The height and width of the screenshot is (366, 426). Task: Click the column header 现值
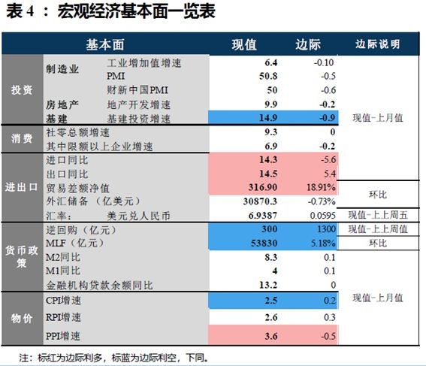tap(244, 44)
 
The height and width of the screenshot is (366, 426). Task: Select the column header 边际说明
tap(378, 44)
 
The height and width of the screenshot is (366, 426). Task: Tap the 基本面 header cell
tap(105, 45)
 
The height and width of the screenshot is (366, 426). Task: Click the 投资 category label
tap(22, 89)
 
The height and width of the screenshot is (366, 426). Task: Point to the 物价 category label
tap(22, 319)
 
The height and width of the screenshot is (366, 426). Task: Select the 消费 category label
tap(22, 138)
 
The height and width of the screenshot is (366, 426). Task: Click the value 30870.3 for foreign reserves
tap(260, 201)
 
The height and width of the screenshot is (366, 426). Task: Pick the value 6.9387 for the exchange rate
tap(263, 216)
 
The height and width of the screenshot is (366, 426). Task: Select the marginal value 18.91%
tap(321, 187)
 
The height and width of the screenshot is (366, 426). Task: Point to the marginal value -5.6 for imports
tap(328, 159)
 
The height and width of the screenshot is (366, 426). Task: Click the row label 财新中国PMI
tap(137, 90)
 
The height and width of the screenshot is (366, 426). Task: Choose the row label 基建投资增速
tap(138, 119)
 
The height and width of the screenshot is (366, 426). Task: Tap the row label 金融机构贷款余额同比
tap(99, 286)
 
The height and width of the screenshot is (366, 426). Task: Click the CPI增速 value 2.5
tap(271, 301)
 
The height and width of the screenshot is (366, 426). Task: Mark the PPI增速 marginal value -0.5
tap(328, 336)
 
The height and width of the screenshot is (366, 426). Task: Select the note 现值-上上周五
tap(378, 215)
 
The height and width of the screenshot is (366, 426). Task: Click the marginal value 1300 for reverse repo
tap(326, 229)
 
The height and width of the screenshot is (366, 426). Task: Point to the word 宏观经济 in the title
tap(89, 12)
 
